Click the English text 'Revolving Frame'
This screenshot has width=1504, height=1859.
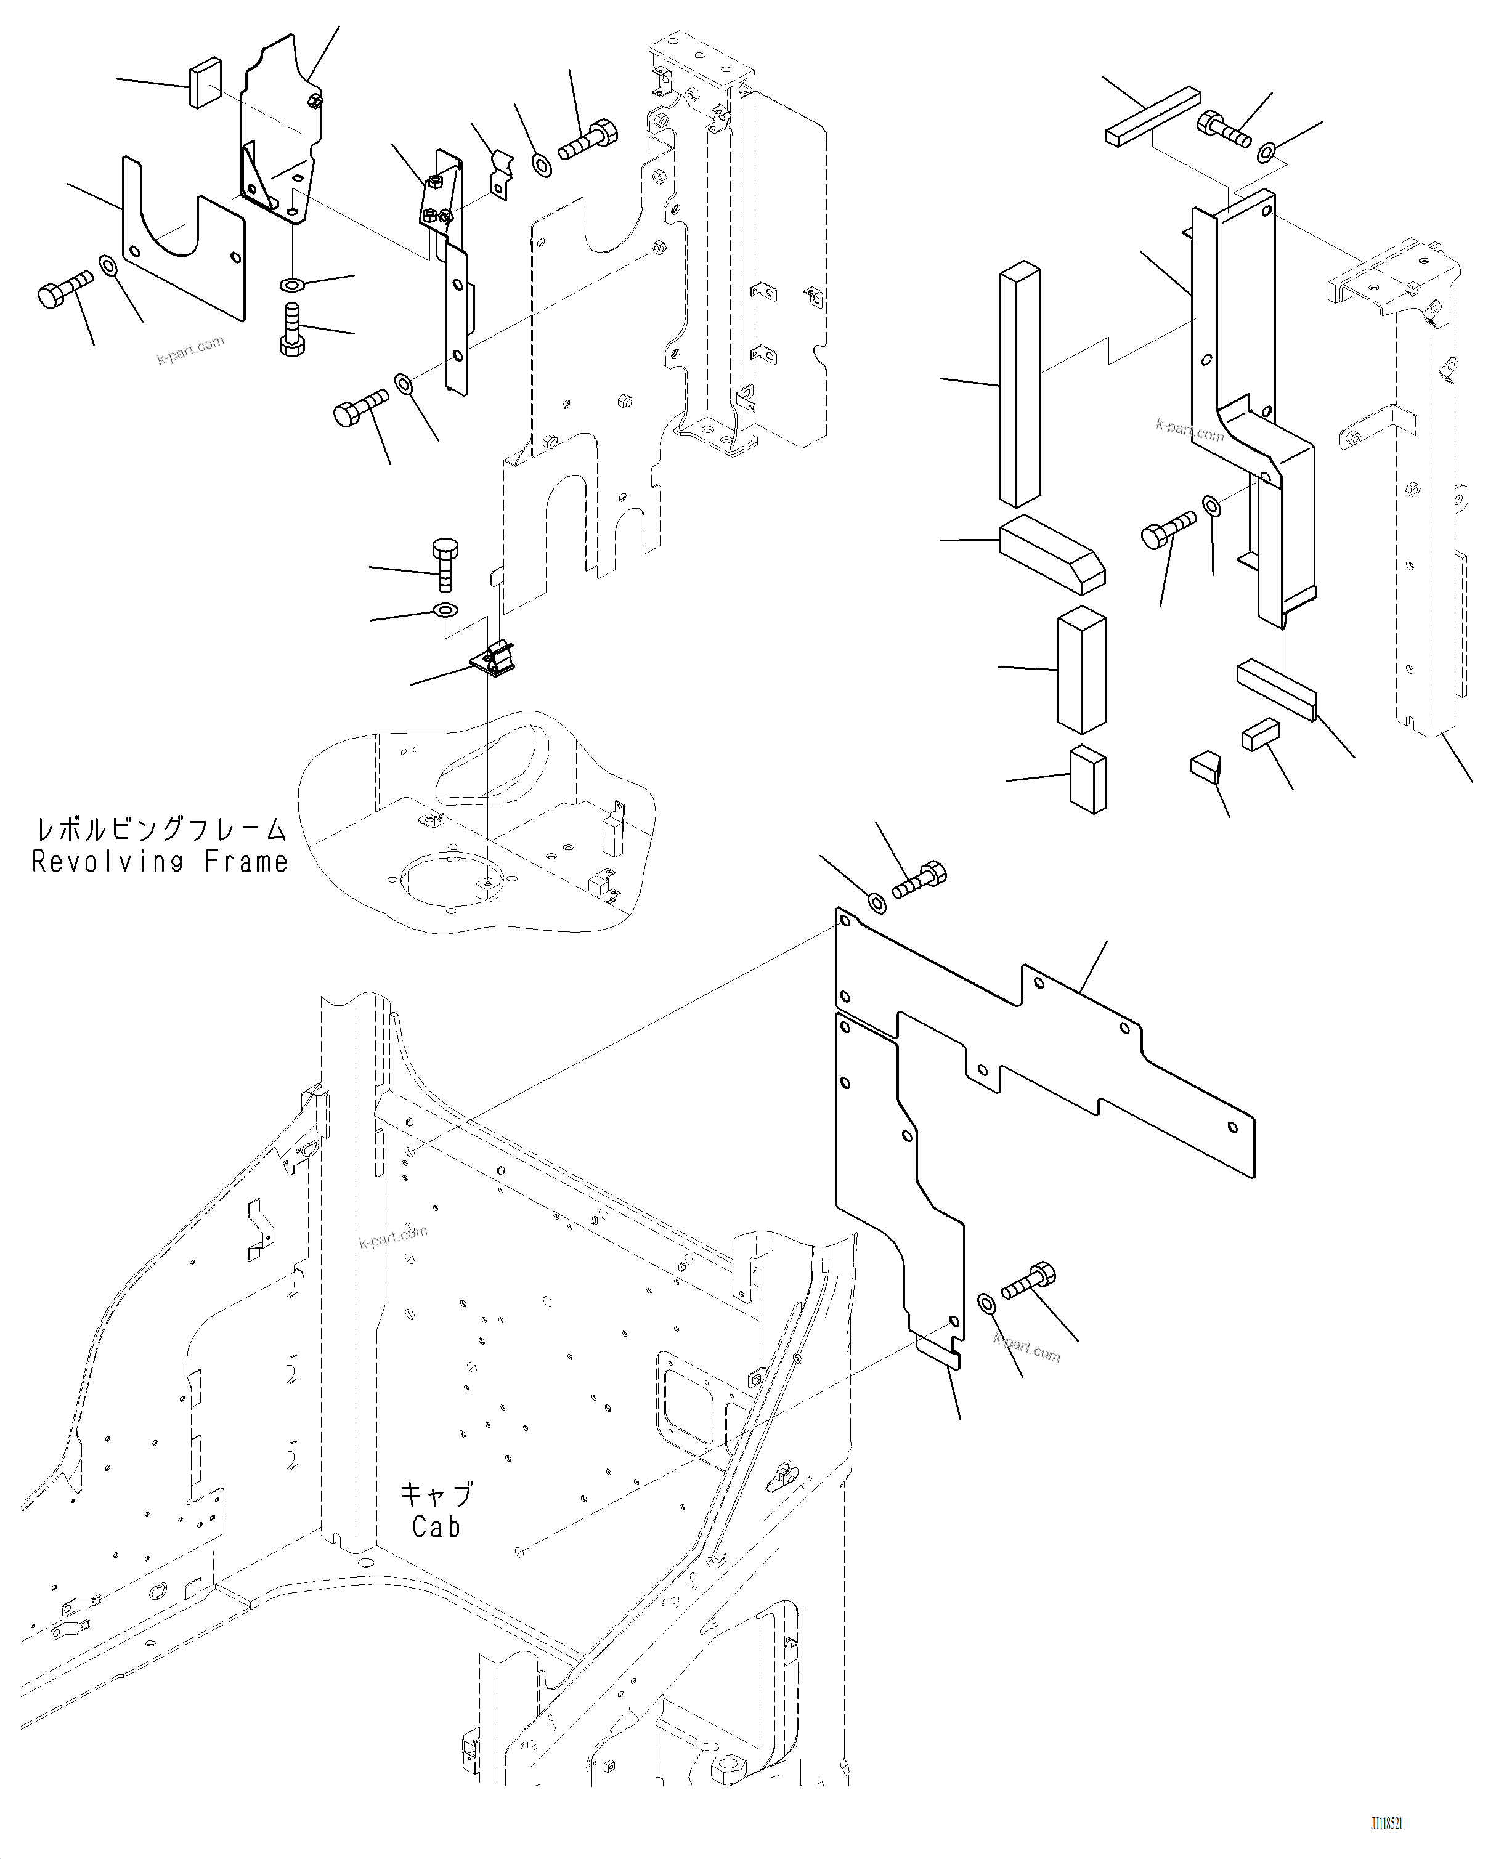pos(160,862)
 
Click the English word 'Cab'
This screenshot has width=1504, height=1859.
pos(436,1526)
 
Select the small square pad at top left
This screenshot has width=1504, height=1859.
pos(205,83)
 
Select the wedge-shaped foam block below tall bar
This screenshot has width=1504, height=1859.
pos(1052,556)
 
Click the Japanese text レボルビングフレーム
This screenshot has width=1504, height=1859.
pos(160,829)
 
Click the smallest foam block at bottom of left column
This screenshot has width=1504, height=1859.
pos(1087,780)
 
